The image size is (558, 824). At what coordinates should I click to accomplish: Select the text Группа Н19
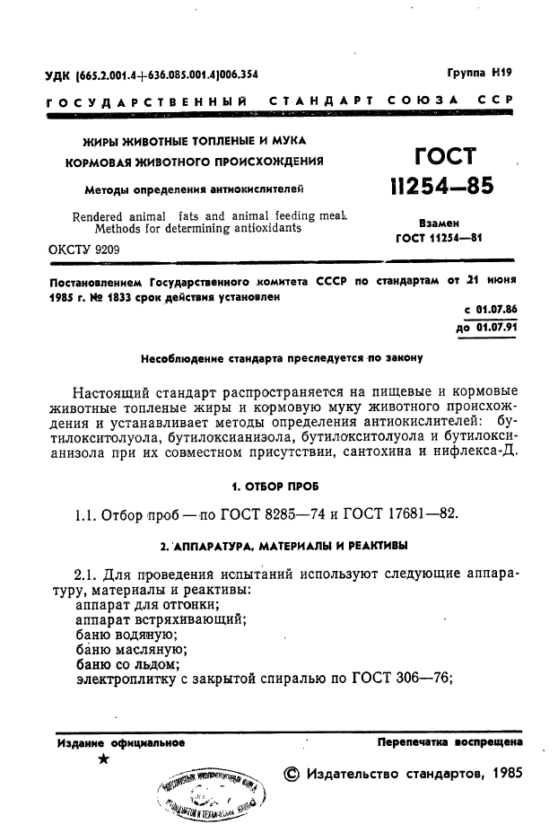tap(479, 75)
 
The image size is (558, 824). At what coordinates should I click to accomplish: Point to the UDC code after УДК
tap(168, 75)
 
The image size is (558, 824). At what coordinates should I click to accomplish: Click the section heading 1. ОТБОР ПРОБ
tap(281, 486)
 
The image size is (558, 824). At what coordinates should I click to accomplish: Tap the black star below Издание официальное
tap(105, 759)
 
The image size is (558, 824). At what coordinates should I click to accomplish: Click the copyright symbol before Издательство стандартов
tap(292, 774)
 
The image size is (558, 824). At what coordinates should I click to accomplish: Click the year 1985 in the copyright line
tap(501, 774)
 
